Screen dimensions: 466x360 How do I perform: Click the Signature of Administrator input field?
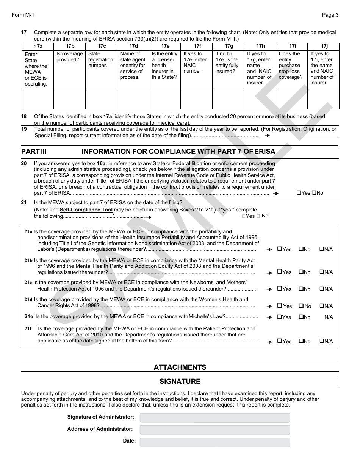pos(214,418)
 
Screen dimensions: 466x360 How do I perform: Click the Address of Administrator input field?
pos(214,430)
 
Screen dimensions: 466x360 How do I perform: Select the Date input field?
pos(214,442)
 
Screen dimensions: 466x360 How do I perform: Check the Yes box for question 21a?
pos(280,249)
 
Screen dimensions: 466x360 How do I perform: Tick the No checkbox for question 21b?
pos(301,272)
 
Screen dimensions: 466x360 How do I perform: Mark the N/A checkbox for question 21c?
pos(322,289)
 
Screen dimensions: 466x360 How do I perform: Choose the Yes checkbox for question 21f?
pos(280,341)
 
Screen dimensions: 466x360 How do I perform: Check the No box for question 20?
pos(314,193)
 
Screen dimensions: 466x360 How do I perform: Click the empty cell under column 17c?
pos(101,99)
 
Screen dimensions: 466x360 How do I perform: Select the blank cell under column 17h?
pos(260,99)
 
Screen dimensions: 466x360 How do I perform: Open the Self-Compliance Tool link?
pos(86,210)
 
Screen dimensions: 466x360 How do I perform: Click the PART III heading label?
pos(34,152)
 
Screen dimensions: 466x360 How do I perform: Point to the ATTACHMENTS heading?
pos(180,367)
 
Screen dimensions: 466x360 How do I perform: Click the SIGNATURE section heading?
pos(180,381)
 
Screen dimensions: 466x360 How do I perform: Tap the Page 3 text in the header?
pos(330,15)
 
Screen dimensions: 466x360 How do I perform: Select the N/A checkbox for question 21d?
pos(322,306)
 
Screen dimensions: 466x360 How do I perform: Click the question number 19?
pos(24,129)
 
